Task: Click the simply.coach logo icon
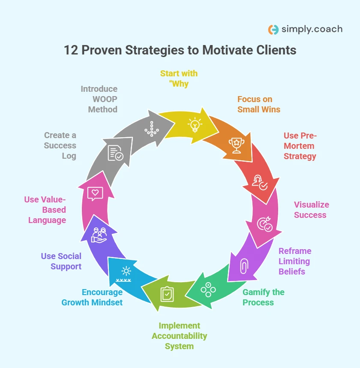coord(273,30)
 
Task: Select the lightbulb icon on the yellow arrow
coord(195,125)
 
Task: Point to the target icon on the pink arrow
coord(264,224)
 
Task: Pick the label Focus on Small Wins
coord(258,104)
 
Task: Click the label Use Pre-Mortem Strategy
coord(300,146)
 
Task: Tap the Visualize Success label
coord(311,210)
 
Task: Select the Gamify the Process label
coord(263,297)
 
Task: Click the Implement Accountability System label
coord(179,336)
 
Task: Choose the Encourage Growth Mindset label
coord(92,297)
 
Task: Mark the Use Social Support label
coord(61,261)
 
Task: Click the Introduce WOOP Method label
coord(99,99)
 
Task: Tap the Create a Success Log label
coord(60,145)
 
